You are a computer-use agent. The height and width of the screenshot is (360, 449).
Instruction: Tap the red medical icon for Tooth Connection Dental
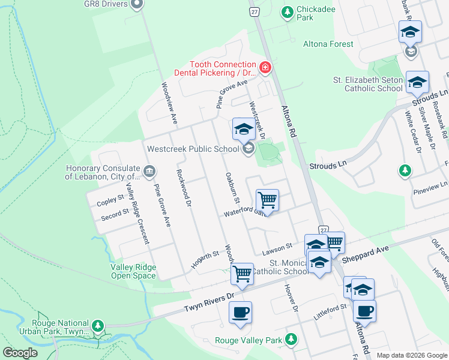point(265,68)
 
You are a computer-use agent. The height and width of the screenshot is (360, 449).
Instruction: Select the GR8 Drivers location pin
point(137,5)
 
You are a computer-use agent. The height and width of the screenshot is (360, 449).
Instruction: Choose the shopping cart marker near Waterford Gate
point(267,200)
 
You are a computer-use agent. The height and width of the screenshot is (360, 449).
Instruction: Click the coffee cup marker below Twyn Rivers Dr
point(240,312)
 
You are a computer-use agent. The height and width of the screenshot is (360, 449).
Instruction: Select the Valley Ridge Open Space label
point(133,272)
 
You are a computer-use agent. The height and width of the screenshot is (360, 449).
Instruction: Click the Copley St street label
point(110,200)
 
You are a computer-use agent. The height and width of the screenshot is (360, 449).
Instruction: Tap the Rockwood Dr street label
point(184,188)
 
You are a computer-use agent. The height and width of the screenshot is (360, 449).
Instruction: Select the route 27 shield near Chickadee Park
point(255,12)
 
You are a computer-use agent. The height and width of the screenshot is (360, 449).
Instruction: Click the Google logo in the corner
point(20,353)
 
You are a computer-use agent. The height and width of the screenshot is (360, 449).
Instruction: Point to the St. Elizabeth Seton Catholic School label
point(368,84)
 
